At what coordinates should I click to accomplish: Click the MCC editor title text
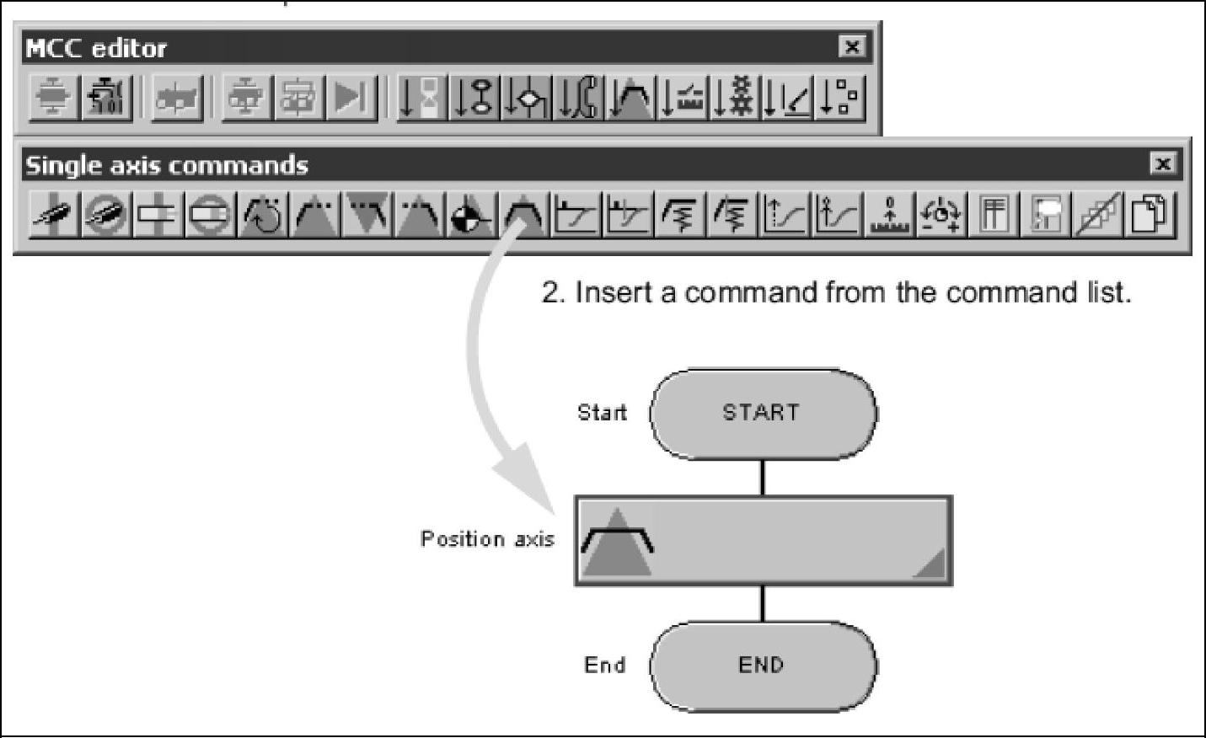coord(96,48)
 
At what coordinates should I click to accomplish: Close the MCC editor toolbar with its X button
coord(852,47)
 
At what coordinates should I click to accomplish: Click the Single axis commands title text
coord(166,165)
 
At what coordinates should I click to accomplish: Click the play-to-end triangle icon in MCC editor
coord(351,98)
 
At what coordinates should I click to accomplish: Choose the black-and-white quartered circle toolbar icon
coord(472,217)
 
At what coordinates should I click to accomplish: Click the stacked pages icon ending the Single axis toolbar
coord(1150,215)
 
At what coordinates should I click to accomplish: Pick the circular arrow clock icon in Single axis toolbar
coord(262,217)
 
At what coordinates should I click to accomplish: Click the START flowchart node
coord(762,413)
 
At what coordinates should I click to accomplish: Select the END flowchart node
coord(762,666)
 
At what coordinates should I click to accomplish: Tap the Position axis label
coord(487,539)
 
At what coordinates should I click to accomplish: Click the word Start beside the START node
coord(602,413)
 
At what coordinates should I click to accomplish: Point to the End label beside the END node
coord(605,666)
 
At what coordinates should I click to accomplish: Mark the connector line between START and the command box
coord(762,477)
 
